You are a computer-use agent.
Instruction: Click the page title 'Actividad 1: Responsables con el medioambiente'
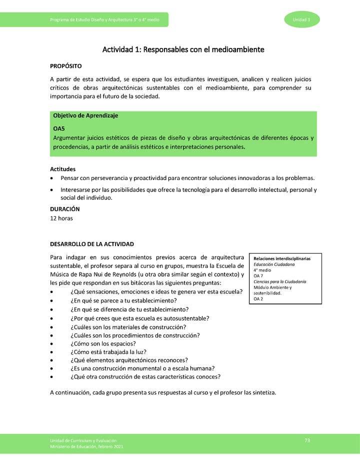point(183,49)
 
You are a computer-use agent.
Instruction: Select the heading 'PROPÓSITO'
point(66,66)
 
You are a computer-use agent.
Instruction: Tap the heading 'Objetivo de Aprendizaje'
point(85,115)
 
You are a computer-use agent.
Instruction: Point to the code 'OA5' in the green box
point(59,128)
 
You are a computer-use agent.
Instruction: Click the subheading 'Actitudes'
point(63,169)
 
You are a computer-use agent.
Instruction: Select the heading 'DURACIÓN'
point(65,209)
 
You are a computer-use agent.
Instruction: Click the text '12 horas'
point(61,218)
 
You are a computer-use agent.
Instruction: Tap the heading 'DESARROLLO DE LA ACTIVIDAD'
point(92,244)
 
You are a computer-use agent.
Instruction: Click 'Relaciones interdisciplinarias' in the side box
point(282,258)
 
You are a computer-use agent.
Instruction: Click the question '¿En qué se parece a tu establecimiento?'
point(123,300)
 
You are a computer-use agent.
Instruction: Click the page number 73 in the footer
point(307,440)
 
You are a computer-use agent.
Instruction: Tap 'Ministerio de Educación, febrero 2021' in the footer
point(86,446)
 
